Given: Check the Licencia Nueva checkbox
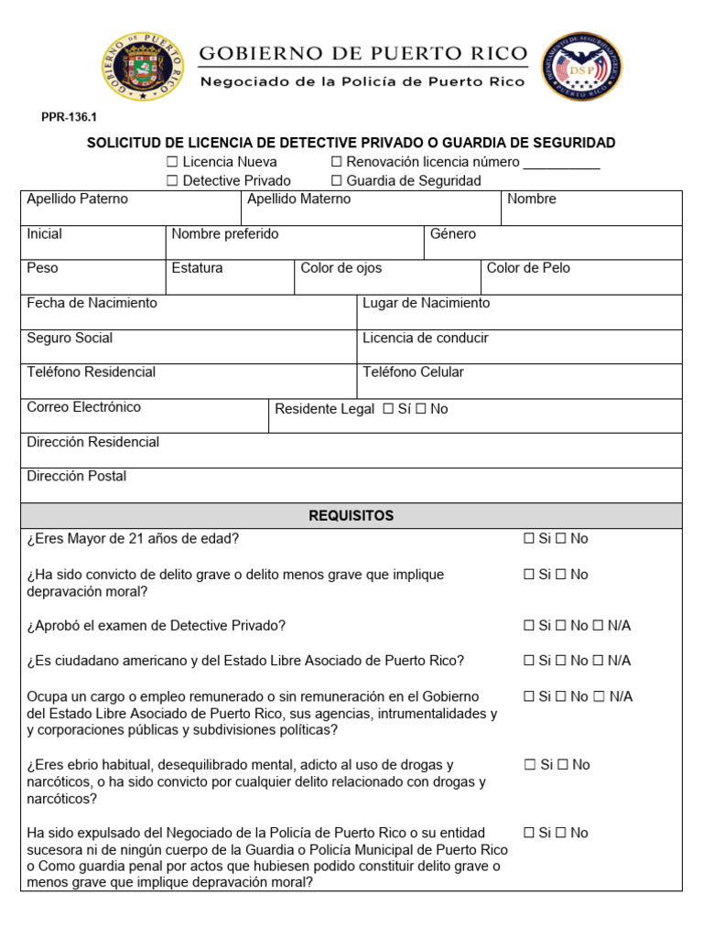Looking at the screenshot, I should click(x=172, y=163).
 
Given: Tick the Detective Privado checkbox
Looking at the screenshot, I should click(x=172, y=181).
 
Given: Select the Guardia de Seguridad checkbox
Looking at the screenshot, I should click(x=337, y=181).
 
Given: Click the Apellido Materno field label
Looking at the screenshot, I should click(x=298, y=199).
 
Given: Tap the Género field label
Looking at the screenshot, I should click(x=453, y=234).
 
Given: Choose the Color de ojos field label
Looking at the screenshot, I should click(x=341, y=268).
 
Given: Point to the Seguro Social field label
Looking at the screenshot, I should click(x=70, y=338).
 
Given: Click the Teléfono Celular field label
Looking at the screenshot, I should click(x=413, y=372).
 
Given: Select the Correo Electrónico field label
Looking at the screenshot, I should click(x=84, y=407).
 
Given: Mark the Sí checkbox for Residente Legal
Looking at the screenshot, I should click(x=388, y=410).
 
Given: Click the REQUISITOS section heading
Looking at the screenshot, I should click(x=351, y=516).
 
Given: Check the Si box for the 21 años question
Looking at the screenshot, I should click(x=528, y=539).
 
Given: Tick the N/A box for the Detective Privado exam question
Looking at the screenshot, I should click(x=599, y=626).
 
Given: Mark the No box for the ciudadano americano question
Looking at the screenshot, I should click(x=563, y=661).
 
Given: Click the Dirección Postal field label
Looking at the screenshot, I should click(x=77, y=477).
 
